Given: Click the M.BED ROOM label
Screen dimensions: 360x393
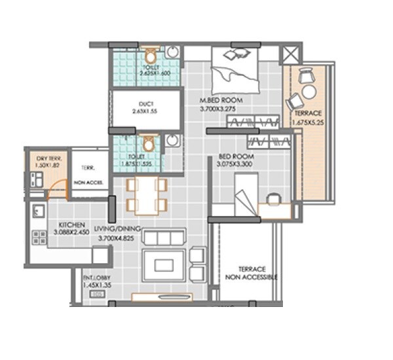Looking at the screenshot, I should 221,100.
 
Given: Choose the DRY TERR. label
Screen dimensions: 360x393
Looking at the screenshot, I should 47,158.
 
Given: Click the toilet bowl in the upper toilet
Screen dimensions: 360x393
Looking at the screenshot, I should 151,55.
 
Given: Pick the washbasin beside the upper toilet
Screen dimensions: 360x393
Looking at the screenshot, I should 172,52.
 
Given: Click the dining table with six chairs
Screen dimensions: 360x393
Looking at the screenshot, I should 146,194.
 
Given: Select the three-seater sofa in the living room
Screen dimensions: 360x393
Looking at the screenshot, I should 164,237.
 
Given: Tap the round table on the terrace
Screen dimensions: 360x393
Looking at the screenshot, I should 309,92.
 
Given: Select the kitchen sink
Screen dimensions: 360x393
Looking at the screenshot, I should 38,211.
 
